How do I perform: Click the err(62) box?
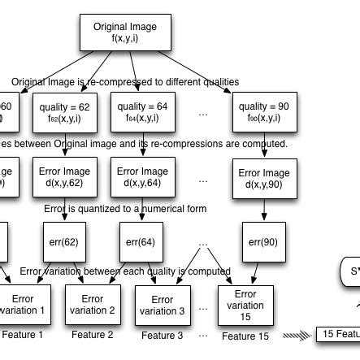pyautogui.click(x=63, y=241)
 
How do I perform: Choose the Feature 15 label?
pyautogui.click(x=244, y=335)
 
